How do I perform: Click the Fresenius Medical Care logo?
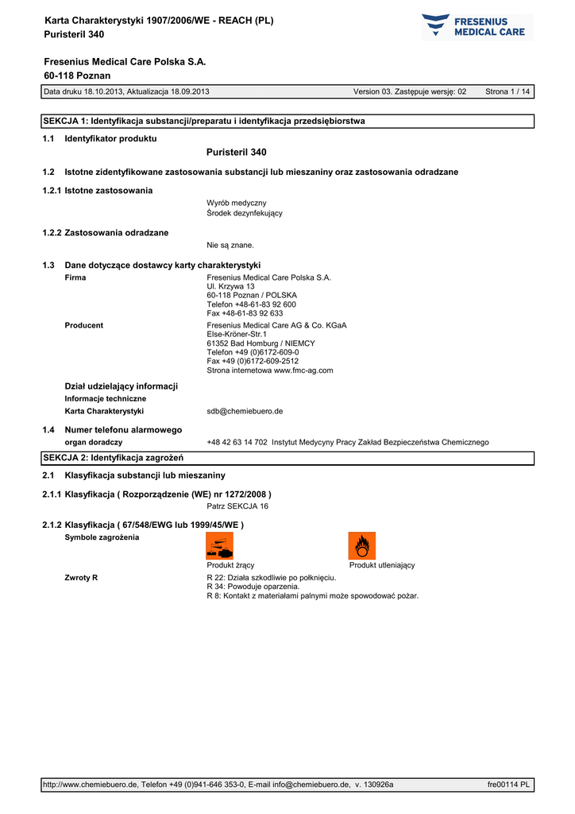coord(477,26)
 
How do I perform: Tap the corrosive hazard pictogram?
coord(220,545)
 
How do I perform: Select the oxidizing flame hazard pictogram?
coord(361,545)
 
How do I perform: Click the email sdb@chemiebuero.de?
coord(245,412)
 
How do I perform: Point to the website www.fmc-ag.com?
coord(303,370)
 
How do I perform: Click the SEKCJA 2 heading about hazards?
coord(113,458)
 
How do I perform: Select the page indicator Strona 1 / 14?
coord(507,92)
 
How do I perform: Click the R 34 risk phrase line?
coord(253,587)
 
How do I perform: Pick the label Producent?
coord(83,325)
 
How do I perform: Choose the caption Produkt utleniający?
coord(382,565)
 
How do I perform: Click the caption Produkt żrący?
coord(230,565)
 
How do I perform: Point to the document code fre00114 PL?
coord(508,785)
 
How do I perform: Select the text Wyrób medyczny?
coord(237,203)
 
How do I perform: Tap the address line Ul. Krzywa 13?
coord(230,286)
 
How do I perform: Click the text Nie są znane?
coord(230,245)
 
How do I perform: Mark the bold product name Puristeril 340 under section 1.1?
coord(236,152)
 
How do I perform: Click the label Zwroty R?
coord(81,577)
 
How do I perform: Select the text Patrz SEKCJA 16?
coord(237,506)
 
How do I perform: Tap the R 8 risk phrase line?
coord(312,595)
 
